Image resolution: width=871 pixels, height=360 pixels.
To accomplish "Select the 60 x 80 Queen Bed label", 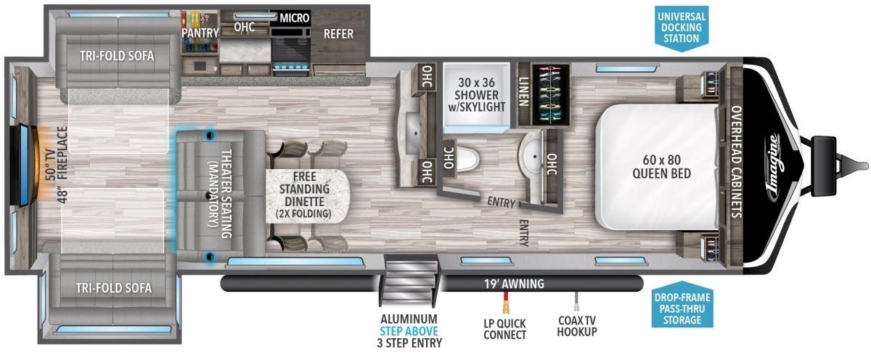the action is coord(661,166).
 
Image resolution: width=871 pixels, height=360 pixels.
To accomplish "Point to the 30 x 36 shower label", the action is coord(476,95).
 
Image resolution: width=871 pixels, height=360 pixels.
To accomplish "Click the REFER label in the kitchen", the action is coord(339,34).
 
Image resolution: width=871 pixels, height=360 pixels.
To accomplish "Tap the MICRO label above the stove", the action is coord(295,18).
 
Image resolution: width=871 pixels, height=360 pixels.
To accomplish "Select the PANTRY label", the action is coord(200,33).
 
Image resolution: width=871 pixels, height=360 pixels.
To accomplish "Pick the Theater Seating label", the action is coord(220,194).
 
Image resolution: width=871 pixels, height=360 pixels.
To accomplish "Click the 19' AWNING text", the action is coord(514,284).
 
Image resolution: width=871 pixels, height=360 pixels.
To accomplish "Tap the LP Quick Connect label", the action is coord(504,330).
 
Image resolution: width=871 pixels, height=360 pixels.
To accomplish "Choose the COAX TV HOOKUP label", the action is coord(577,326).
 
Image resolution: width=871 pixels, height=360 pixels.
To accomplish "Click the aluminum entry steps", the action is coord(410,279).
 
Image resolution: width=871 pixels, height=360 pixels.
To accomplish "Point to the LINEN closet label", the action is coord(524,91).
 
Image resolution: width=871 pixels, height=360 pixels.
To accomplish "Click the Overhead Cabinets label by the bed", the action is coord(737,161).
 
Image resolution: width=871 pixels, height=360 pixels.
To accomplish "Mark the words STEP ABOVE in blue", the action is coord(409,331).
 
